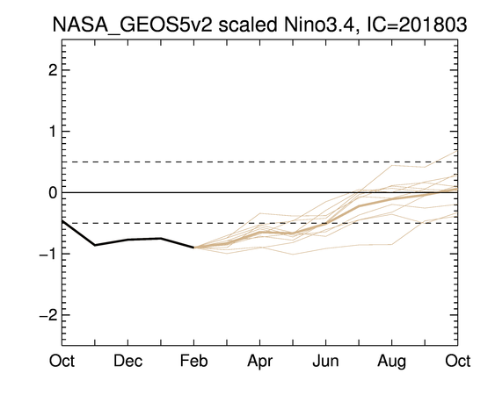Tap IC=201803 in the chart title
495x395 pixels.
click(x=417, y=25)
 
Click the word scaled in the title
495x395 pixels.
click(x=248, y=25)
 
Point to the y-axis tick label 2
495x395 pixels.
click(x=53, y=70)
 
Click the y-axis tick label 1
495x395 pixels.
click(x=53, y=131)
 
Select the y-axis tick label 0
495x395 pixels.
click(x=53, y=192)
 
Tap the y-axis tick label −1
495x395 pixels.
click(x=48, y=254)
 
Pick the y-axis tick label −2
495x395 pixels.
click(x=48, y=315)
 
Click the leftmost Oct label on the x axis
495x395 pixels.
click(x=62, y=361)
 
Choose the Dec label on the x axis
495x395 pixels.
click(x=127, y=361)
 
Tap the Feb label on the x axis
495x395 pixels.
click(x=193, y=361)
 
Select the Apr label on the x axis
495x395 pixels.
click(x=260, y=362)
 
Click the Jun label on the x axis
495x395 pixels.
click(x=325, y=361)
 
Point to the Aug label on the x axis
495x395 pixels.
click(x=391, y=362)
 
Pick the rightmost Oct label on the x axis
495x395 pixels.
click(x=458, y=361)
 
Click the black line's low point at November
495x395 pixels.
click(x=95, y=245)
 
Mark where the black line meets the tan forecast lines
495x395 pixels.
click(x=193, y=248)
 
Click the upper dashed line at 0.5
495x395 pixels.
click(x=260, y=162)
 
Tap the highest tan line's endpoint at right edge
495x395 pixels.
click(x=457, y=151)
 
